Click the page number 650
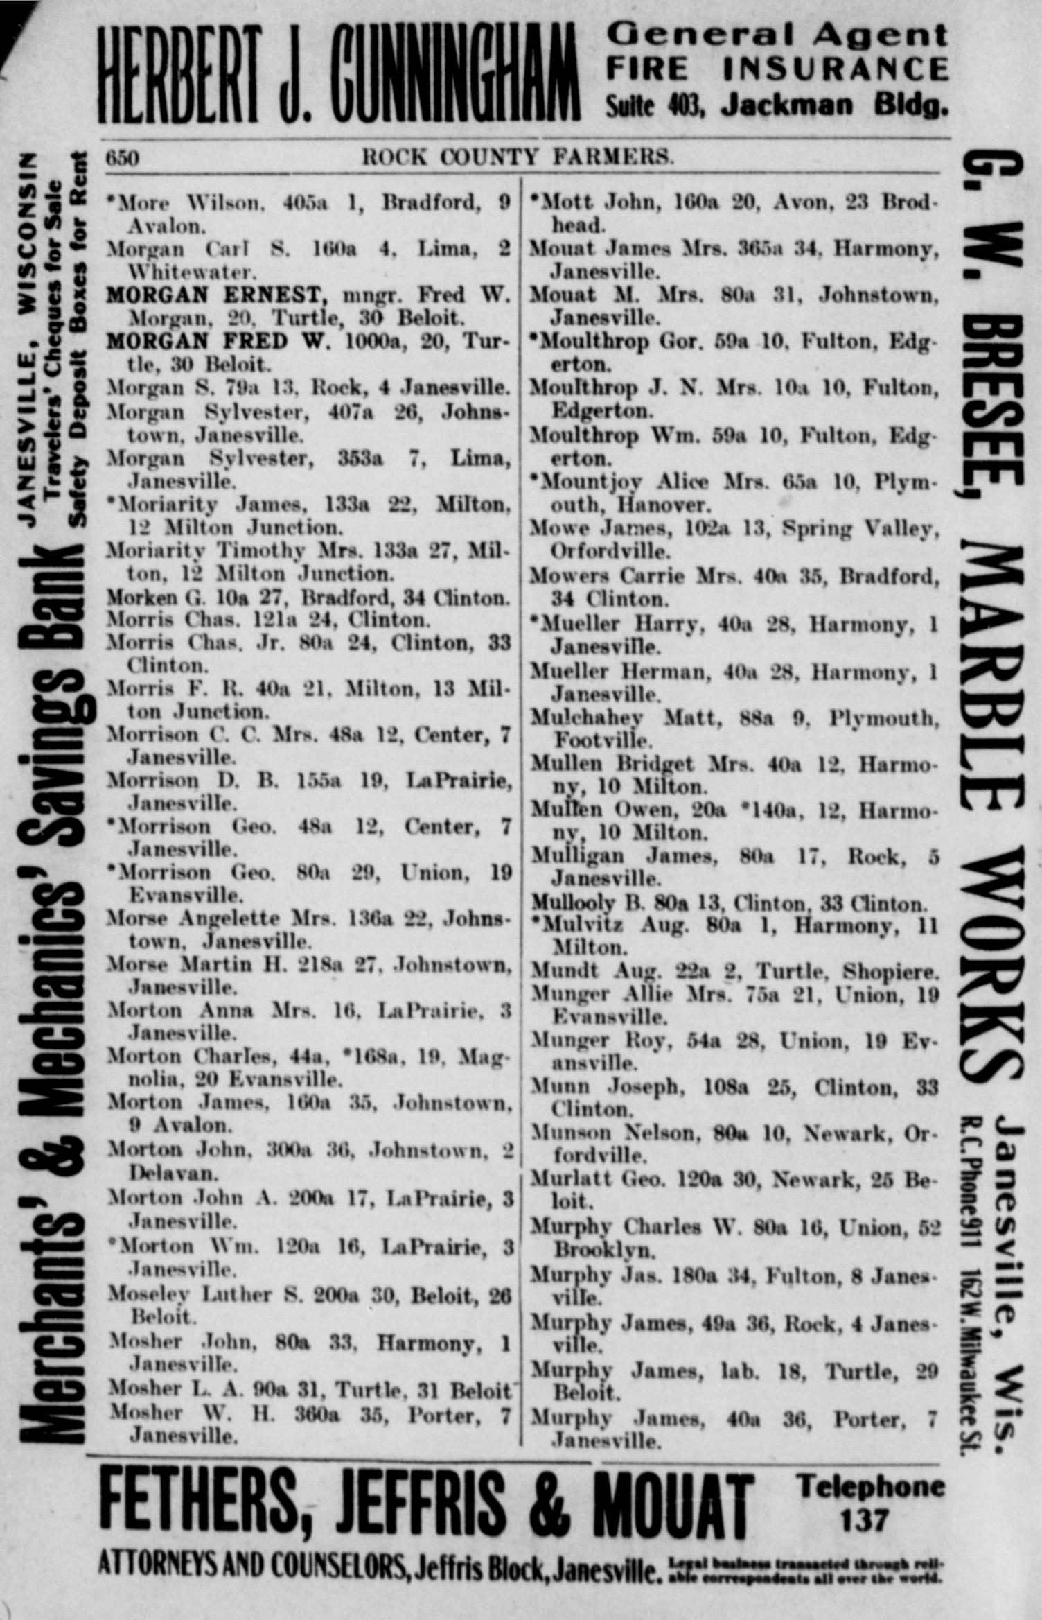point(122,159)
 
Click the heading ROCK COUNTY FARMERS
point(518,157)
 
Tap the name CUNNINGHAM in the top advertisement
point(453,73)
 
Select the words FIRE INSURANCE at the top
point(776,69)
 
